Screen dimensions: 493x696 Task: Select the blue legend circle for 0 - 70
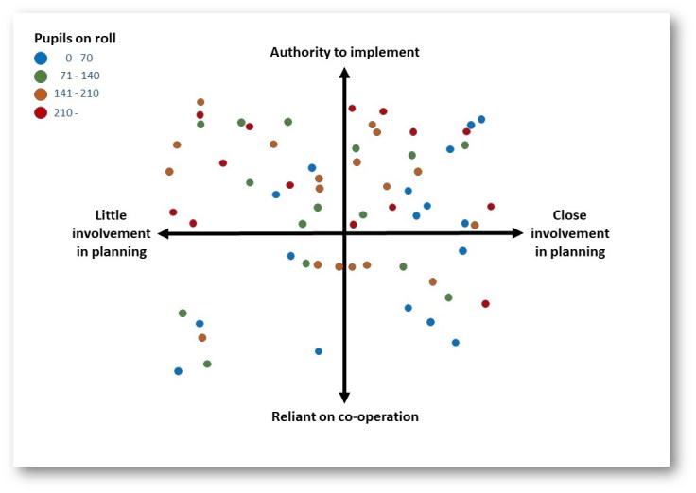(41, 58)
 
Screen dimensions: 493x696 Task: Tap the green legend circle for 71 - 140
(41, 76)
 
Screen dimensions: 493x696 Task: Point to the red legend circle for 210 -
(41, 112)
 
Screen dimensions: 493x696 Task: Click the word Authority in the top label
(301, 52)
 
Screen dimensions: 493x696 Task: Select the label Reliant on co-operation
(344, 416)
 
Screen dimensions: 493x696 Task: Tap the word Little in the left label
(113, 214)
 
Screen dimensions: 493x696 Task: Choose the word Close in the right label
(570, 214)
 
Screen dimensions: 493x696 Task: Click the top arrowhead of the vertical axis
(344, 73)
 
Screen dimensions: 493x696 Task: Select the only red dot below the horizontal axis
(485, 304)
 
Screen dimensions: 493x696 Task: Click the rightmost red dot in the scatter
(491, 206)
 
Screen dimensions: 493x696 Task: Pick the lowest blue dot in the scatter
(178, 371)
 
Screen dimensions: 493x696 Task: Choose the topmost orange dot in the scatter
(200, 102)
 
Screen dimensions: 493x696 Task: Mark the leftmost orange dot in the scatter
(169, 172)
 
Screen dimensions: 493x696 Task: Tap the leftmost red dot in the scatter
(173, 212)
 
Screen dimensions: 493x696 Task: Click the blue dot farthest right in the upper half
(481, 119)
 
